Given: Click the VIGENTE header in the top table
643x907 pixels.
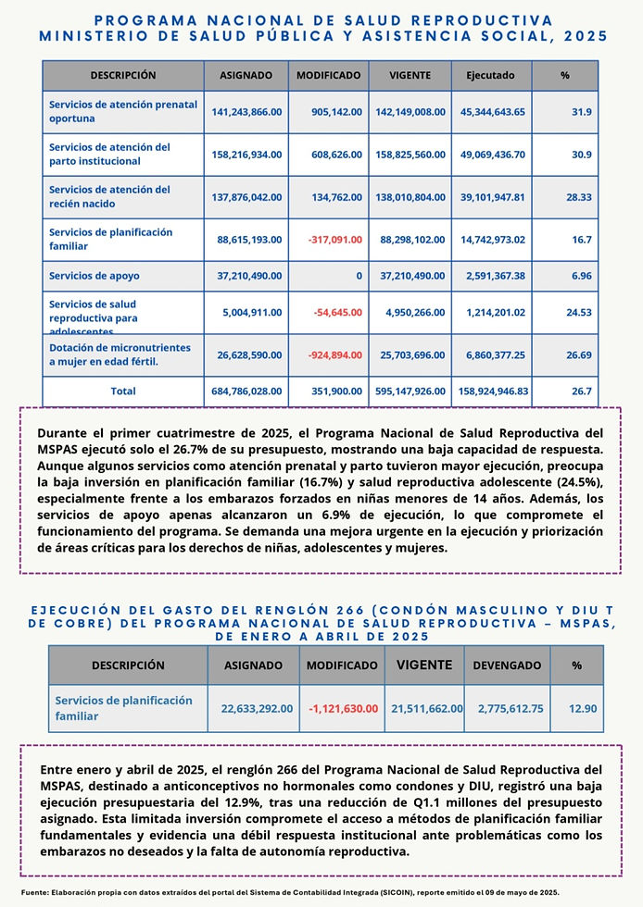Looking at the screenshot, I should pyautogui.click(x=410, y=75).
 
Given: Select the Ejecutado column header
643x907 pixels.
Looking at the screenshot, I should pyautogui.click(x=490, y=75).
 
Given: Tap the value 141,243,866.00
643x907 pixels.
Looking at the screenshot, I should pyautogui.click(x=246, y=112).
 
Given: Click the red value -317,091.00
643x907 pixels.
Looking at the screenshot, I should pyautogui.click(x=330, y=240).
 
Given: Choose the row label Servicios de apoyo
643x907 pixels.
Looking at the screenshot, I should pyautogui.click(x=92, y=276).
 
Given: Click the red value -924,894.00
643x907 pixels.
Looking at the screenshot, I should pyautogui.click(x=330, y=354).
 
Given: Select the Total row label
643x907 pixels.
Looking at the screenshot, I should pyautogui.click(x=123, y=391).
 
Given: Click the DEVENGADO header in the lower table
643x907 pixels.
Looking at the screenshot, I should pyautogui.click(x=507, y=665).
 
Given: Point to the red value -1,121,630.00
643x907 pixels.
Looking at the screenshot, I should pyautogui.click(x=342, y=708).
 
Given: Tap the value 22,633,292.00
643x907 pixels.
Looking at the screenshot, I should pyautogui.click(x=257, y=708).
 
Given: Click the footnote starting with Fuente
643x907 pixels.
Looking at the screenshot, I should pyautogui.click(x=289, y=891).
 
